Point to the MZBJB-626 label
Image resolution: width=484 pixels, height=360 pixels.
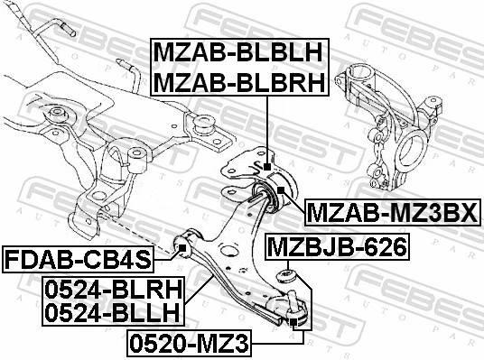[x=335, y=245]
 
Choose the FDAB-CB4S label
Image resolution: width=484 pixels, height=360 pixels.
[x=78, y=261]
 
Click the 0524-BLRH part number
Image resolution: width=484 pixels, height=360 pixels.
[x=110, y=290]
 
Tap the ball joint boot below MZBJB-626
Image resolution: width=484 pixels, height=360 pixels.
[x=288, y=275]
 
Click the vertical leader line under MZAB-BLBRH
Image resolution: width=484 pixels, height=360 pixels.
[x=268, y=126]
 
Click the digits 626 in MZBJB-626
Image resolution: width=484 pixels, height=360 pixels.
[x=384, y=245]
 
